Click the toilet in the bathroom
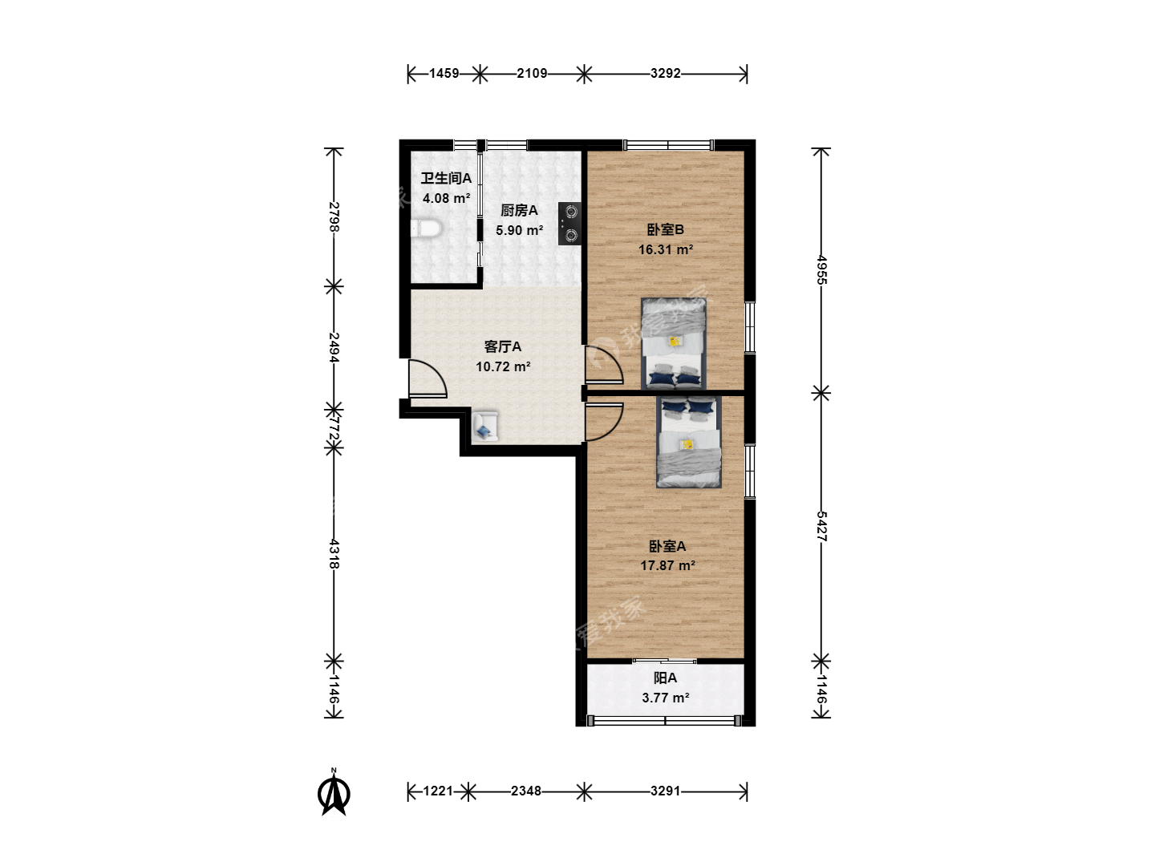coord(426,229)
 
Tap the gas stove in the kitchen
coord(569,224)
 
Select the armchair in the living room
coord(485,426)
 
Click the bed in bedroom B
coord(674,344)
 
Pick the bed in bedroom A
coord(689,442)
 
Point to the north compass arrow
coord(334,792)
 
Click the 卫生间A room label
coord(446,178)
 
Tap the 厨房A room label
coord(519,211)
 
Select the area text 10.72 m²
coord(503,366)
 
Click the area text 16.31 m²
coord(666,249)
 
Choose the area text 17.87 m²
coord(667,566)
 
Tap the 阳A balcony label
coord(665,678)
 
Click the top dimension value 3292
coord(666,74)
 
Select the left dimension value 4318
coord(334,554)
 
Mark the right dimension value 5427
coord(821,526)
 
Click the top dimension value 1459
coord(444,74)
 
